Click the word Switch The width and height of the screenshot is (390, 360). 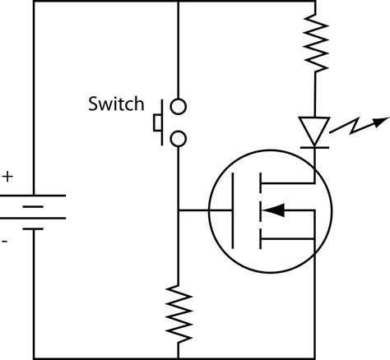click(x=115, y=105)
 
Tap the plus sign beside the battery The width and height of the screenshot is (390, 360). click(x=8, y=176)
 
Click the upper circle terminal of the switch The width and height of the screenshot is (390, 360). click(x=179, y=106)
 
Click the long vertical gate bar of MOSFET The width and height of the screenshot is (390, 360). click(x=234, y=210)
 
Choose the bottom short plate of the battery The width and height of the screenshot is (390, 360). click(x=33, y=228)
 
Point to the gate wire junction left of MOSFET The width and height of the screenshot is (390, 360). click(x=179, y=210)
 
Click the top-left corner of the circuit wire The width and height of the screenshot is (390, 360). click(x=33, y=2)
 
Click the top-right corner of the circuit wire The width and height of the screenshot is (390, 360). click(x=315, y=2)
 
